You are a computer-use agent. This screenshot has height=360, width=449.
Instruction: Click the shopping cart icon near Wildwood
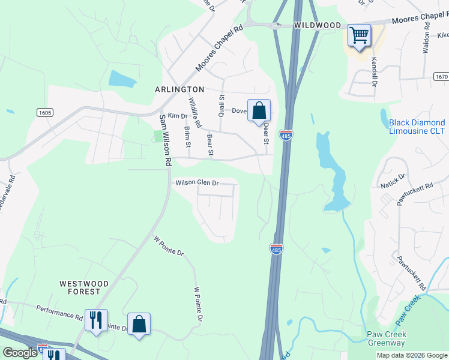tap(359, 35)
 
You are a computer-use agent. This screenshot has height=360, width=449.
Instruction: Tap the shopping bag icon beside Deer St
tap(259, 111)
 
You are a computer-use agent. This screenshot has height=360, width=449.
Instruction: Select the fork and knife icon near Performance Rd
tap(96, 321)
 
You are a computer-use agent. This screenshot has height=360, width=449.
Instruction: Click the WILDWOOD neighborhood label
tap(318, 26)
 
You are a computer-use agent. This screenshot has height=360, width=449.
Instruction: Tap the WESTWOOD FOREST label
tap(84, 287)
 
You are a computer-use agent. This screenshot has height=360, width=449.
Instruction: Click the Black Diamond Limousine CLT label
tap(417, 127)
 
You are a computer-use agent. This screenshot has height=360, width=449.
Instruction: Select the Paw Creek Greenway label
tap(387, 338)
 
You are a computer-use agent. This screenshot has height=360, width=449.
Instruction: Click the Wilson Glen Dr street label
tap(197, 183)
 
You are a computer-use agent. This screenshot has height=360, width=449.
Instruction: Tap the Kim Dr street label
tap(178, 115)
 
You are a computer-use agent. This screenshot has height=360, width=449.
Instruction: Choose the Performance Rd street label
tap(59, 311)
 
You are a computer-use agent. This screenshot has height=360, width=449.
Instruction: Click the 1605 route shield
tap(45, 112)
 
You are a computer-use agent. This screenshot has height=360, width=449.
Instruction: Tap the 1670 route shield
tap(440, 77)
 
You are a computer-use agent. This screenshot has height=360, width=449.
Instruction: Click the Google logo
tap(20, 353)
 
